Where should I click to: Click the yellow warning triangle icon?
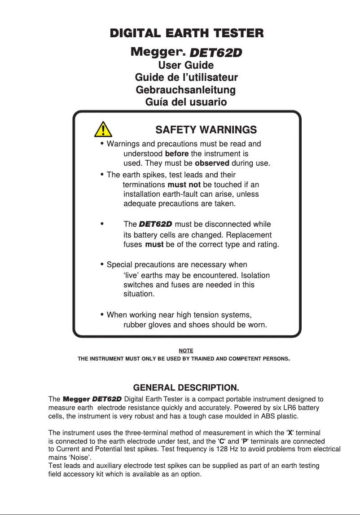pos(103,129)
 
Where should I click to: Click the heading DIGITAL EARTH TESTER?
pos(187,33)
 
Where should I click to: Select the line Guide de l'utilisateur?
pos(186,78)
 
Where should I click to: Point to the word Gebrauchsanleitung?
pos(186,90)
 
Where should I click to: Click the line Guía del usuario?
pos(186,102)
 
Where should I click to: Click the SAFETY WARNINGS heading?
pos(206,130)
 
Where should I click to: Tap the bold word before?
pos(176,154)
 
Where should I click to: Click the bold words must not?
pos(184,185)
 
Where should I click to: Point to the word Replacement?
pos(249,235)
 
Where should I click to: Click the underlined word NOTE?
pos(186,350)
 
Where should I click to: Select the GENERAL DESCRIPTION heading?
pos(186,387)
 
